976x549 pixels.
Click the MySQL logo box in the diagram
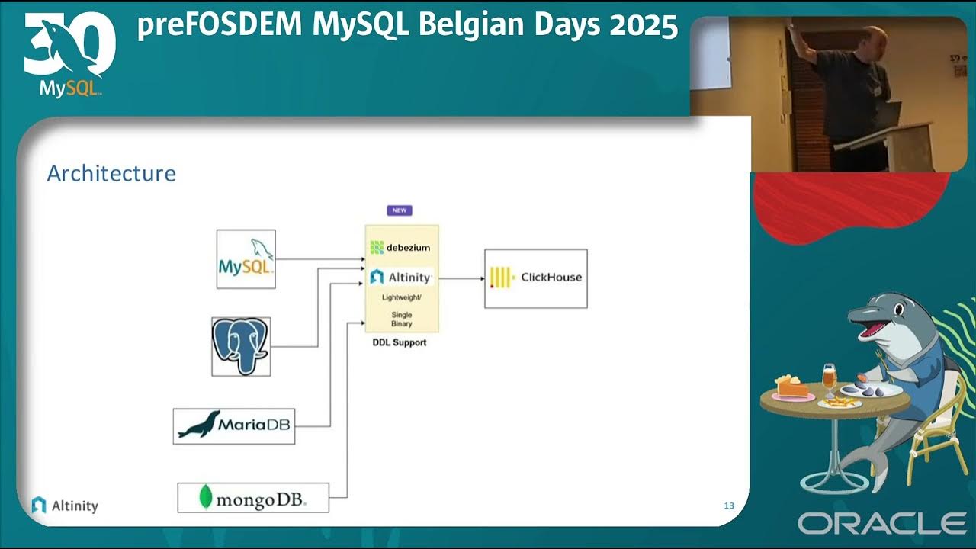tap(246, 258)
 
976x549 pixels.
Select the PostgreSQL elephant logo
tap(241, 347)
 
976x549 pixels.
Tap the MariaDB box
tap(233, 426)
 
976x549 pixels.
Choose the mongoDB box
tap(253, 498)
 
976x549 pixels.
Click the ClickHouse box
tap(535, 278)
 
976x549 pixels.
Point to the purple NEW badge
tap(400, 210)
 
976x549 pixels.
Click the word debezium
tap(408, 247)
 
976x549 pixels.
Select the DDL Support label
tap(400, 343)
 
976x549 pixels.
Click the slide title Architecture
tap(111, 174)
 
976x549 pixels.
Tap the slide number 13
tap(729, 506)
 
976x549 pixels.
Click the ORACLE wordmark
tap(882, 524)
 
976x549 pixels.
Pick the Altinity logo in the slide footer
tap(65, 505)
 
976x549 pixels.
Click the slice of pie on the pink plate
tap(791, 387)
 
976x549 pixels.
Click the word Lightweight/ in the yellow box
tap(401, 297)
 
